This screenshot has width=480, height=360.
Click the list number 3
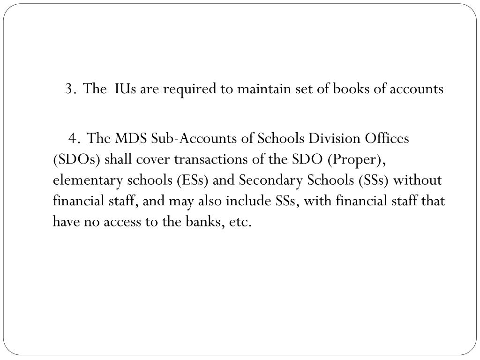tap(70, 89)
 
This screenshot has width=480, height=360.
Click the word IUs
tap(125, 89)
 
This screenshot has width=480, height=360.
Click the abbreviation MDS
tap(132, 138)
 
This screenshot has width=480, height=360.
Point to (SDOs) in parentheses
tap(76, 159)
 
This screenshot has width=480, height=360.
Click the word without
tap(417, 180)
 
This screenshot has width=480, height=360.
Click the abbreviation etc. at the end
tap(240, 222)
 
